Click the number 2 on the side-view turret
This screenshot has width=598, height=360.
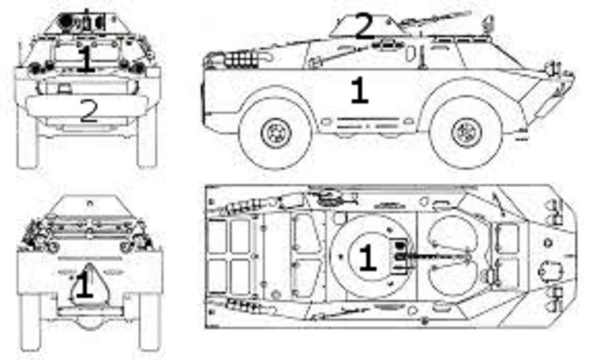pyautogui.click(x=365, y=26)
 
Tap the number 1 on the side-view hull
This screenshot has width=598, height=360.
pyautogui.click(x=359, y=90)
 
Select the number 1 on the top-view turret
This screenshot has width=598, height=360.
pyautogui.click(x=367, y=258)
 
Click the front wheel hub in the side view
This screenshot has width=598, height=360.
pyautogui.click(x=466, y=132)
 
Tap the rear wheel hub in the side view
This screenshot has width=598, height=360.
pyautogui.click(x=276, y=133)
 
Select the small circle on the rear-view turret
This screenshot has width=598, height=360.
pyautogui.click(x=90, y=203)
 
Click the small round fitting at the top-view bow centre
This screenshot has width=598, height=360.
pyautogui.click(x=548, y=243)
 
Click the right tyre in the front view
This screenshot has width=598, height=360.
pyautogui.click(x=148, y=138)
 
